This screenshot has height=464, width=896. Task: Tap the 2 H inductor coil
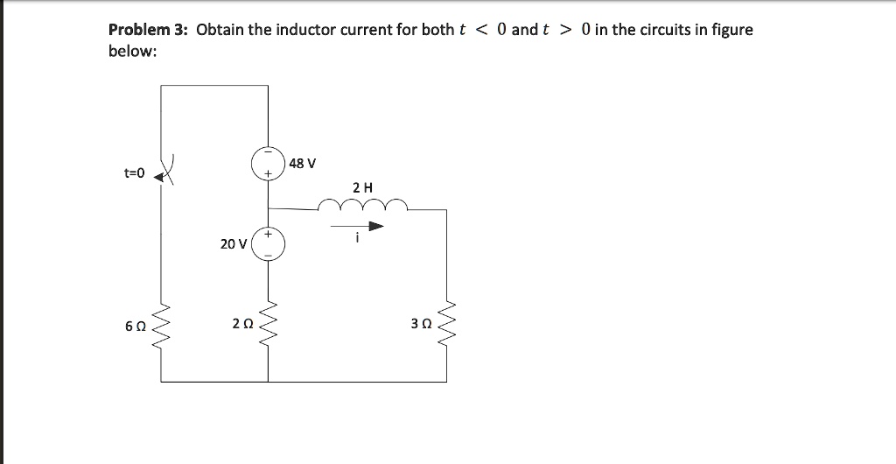tap(362, 206)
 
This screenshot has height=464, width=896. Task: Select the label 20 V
tap(233, 244)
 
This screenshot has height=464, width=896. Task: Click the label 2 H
tap(362, 186)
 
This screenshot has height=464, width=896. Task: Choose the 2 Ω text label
tap(242, 324)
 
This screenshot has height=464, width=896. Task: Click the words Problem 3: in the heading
tap(148, 30)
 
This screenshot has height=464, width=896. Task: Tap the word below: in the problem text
tap(132, 52)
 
